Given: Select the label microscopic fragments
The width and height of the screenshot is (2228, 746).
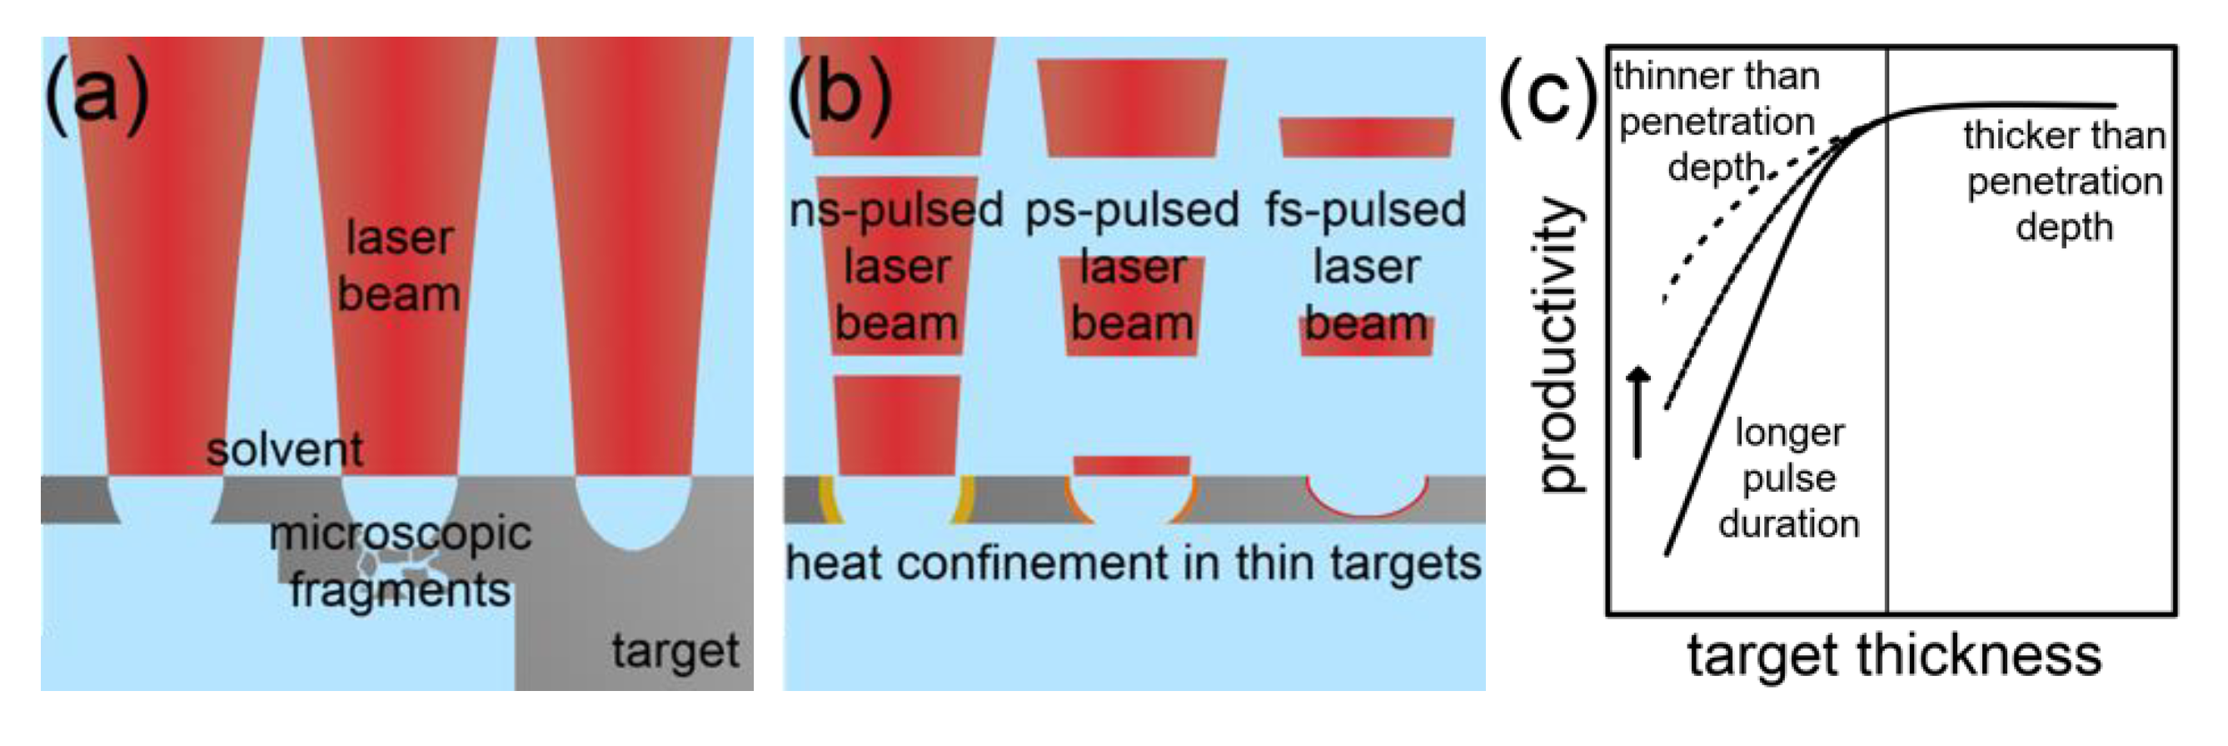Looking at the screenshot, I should (x=400, y=563).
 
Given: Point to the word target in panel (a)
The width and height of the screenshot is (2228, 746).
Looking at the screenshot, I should (x=675, y=651).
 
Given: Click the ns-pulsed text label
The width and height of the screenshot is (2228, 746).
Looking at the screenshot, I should (x=896, y=210).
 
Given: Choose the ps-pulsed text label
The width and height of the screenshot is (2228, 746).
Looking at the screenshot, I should (x=1131, y=210).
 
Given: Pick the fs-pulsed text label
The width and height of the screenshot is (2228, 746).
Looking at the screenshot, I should (x=1365, y=210).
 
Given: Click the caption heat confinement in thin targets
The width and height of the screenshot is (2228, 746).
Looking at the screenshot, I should (x=1133, y=564).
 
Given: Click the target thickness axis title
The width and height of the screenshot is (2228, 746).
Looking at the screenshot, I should (x=1893, y=655).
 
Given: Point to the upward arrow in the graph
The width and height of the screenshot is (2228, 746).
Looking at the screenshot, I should (x=1637, y=412).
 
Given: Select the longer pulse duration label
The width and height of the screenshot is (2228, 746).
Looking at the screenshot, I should (x=1788, y=478).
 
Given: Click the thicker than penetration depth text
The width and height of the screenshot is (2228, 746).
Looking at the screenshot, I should (x=2064, y=182).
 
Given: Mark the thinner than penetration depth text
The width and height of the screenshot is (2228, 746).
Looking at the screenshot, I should (x=1717, y=121).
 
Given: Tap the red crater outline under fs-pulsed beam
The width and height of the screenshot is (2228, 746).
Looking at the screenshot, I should (x=1367, y=511).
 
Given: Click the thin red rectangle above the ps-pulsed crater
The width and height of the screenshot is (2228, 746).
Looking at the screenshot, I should (x=1131, y=466).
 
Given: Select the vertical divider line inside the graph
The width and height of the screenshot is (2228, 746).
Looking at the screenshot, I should (x=1887, y=346).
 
